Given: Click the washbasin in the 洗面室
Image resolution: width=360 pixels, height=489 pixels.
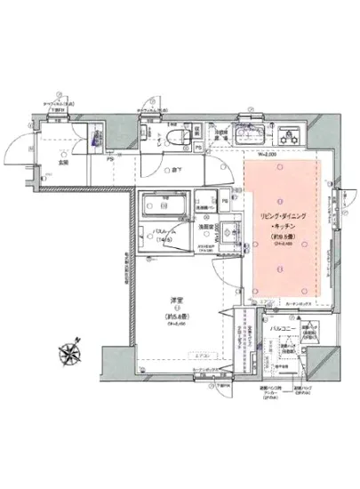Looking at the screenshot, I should [224, 237].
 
